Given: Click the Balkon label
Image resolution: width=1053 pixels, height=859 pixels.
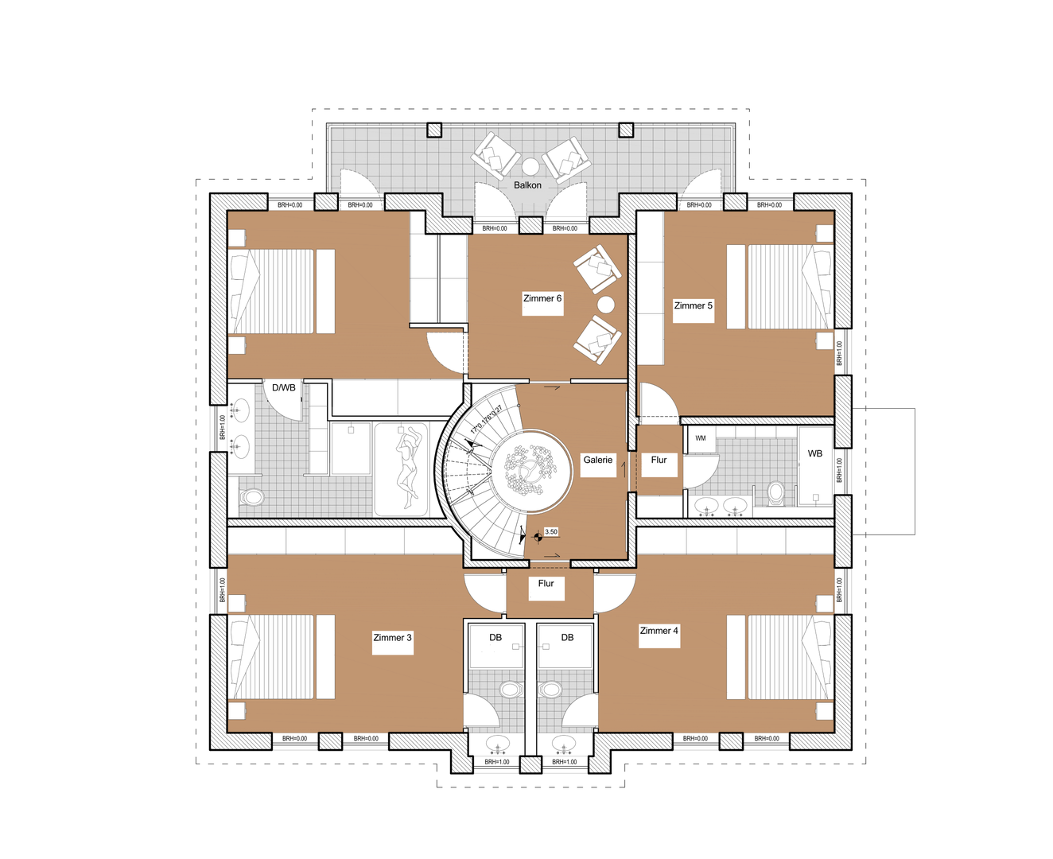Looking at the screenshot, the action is point(527,185).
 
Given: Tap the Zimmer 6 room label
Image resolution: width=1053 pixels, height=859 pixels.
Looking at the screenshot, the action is point(542,298).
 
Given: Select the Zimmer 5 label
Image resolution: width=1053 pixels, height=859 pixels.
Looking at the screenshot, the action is point(693,305).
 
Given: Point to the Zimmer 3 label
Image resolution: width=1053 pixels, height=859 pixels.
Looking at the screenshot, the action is point(392,638).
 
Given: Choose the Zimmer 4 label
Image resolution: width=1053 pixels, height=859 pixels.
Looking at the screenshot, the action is point(659,631).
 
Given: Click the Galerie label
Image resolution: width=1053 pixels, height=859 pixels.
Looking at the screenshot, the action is point(597,460).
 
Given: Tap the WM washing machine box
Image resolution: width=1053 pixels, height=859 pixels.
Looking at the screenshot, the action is point(701,438).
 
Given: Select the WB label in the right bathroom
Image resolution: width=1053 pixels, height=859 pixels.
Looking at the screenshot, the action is point(815,453).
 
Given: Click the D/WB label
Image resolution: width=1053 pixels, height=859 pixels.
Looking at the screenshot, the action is point(284,387).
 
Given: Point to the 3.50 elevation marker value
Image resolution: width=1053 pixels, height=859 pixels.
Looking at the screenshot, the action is point(550,532).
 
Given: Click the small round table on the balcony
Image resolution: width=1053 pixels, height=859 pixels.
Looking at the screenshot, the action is point(530,165).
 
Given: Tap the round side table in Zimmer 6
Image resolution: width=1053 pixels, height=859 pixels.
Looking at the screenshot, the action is point(606,304).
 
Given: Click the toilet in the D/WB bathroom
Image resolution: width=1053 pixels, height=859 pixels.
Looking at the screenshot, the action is point(252,497).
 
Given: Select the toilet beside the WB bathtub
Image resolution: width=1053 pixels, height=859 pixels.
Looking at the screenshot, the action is point(776,492).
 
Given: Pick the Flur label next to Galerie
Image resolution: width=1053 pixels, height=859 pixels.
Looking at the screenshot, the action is point(659,460).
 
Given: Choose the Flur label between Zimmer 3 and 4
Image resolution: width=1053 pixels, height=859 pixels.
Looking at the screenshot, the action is point(546,583).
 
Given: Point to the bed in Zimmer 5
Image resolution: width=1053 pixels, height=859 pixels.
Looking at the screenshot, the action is point(780,286).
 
